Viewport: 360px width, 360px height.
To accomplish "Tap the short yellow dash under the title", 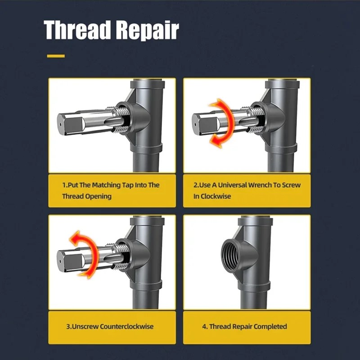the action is tap(56, 56).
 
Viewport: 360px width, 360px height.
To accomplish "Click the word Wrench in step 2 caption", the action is tap(260, 185).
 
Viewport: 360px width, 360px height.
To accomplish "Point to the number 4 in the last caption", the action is tap(204, 326).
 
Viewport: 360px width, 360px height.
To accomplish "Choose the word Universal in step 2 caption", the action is tap(232, 185).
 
